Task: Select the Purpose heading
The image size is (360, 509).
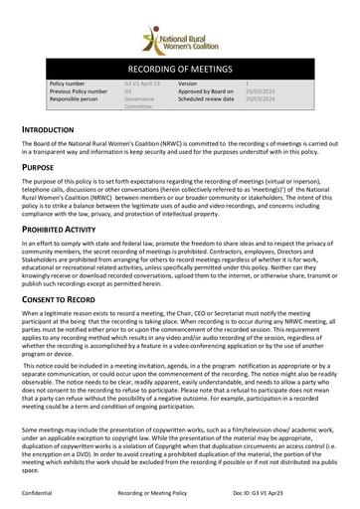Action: point(44,169)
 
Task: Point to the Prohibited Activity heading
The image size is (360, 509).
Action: point(67,229)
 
